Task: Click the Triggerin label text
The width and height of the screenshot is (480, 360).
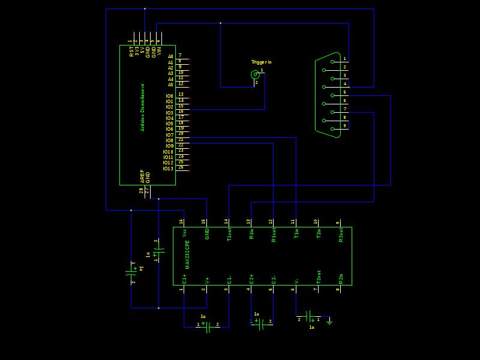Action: coord(261,62)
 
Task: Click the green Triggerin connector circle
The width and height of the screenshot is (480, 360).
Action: coord(255,74)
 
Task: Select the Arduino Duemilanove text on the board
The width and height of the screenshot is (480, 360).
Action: coord(142,107)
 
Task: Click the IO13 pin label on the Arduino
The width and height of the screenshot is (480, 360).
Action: coord(167,169)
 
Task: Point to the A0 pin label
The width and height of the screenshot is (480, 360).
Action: coord(170,56)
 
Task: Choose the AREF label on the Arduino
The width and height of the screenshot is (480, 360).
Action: coord(142,176)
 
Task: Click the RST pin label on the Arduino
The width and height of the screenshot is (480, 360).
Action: coord(131,52)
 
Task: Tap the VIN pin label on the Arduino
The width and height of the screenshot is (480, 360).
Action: coord(159,52)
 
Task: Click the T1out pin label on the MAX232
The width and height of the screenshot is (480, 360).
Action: coord(229,235)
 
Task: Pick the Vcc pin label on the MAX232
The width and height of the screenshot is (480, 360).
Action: coord(184,232)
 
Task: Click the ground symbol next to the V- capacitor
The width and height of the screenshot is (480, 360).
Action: coord(329,322)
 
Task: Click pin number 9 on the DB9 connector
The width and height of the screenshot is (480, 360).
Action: coord(345,126)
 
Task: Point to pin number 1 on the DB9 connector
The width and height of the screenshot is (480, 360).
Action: coord(345,59)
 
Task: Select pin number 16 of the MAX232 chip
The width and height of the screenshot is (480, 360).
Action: coord(181,222)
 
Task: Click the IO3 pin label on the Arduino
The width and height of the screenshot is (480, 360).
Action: coord(169,113)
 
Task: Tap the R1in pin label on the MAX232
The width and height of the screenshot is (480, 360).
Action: coord(251,234)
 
